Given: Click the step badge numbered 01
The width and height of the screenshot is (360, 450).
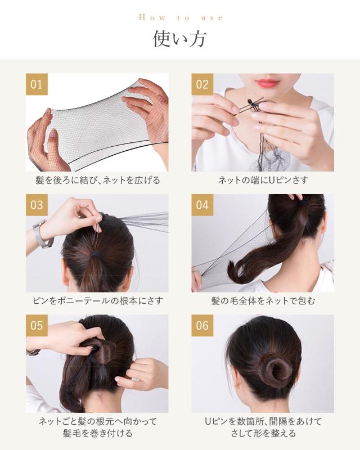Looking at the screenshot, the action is (x=37, y=84).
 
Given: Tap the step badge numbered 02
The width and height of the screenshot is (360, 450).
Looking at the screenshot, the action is (x=202, y=84).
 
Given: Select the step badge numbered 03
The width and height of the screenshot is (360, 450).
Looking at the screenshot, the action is (x=37, y=205).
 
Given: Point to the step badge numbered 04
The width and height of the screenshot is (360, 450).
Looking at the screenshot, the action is (x=202, y=205).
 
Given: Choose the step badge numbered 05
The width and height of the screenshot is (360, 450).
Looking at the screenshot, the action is (x=37, y=326).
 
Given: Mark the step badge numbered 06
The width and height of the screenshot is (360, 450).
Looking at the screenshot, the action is (x=202, y=326).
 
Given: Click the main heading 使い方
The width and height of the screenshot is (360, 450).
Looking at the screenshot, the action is (x=179, y=39).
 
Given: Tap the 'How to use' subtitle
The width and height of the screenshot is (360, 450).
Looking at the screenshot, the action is (x=181, y=18).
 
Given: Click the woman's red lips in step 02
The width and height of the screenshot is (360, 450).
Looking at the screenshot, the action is (x=267, y=83).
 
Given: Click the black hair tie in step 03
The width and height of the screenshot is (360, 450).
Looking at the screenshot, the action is (x=96, y=255).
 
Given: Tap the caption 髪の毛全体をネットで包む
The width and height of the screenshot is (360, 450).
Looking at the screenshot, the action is (x=263, y=301).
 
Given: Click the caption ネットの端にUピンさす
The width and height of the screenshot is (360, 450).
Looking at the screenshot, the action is (x=263, y=180).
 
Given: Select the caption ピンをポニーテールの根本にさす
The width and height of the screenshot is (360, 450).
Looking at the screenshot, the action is (x=98, y=301).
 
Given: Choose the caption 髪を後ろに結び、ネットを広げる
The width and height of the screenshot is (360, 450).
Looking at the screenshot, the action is (x=98, y=180).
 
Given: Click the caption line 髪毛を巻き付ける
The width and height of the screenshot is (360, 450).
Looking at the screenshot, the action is (x=98, y=433).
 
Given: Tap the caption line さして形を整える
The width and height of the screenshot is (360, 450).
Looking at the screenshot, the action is (x=263, y=433).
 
